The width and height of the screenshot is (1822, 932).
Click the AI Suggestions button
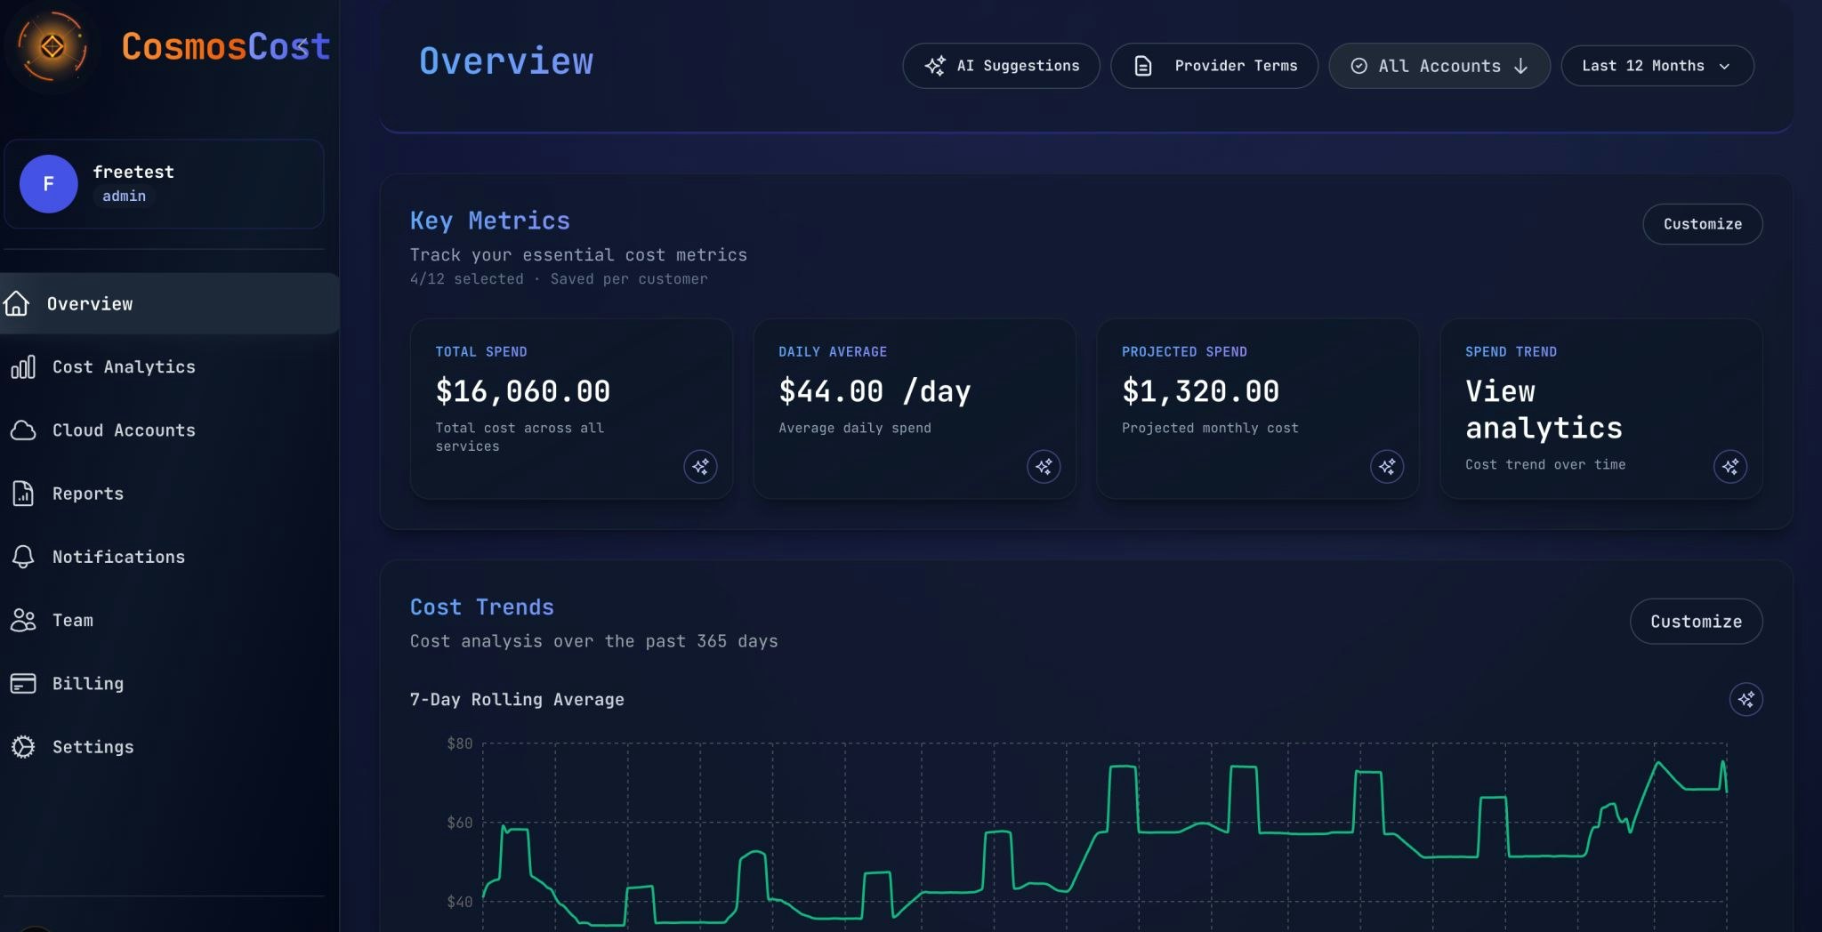point(1001,66)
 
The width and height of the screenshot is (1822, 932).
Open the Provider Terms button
point(1214,66)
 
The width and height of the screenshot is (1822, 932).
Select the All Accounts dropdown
point(1439,66)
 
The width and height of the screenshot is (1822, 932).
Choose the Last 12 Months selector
point(1657,66)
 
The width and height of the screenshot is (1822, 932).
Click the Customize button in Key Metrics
point(1702,224)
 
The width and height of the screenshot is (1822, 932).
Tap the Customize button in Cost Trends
point(1696,622)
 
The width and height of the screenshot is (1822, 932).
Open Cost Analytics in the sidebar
point(123,367)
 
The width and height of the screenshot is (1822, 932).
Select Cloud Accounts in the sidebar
point(123,430)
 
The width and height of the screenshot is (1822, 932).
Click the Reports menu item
point(87,494)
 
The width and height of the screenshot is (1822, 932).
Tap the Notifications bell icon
point(23,557)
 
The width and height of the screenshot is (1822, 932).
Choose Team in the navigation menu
point(72,621)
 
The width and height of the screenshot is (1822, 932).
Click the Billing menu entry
point(87,684)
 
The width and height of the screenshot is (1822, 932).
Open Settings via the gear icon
point(23,747)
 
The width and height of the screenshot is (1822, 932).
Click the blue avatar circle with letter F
point(49,184)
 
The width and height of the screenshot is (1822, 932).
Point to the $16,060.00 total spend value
point(522,391)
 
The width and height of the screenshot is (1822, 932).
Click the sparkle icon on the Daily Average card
point(1044,466)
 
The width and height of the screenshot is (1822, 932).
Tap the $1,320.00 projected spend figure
point(1200,391)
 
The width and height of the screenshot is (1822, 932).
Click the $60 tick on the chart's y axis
point(459,823)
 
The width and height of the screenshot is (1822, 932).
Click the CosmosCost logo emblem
point(52,46)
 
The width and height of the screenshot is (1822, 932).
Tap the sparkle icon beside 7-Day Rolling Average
point(1745,699)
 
